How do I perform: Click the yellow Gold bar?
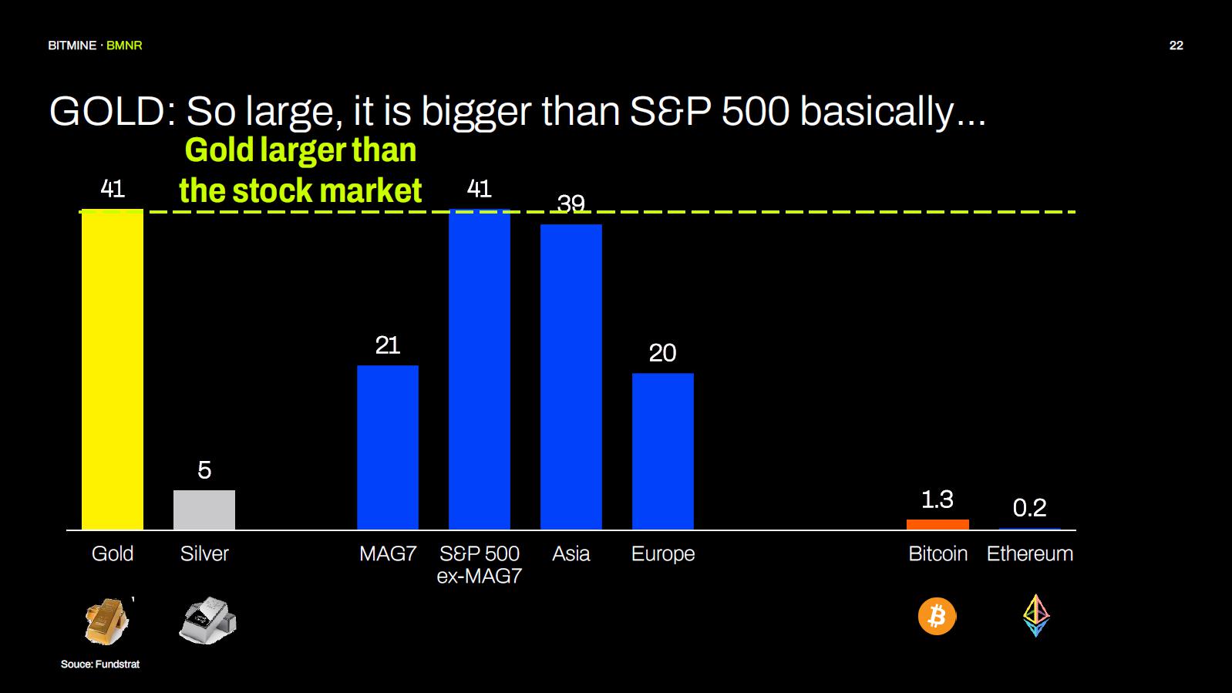(113, 369)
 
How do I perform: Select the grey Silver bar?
(204, 510)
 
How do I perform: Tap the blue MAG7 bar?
(388, 447)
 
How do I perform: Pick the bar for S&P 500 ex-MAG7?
(480, 369)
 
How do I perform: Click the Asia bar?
(571, 377)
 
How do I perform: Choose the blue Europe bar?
(663, 451)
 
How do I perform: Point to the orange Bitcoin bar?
(937, 525)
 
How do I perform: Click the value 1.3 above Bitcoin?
(937, 500)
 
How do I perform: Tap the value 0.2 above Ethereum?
(1029, 508)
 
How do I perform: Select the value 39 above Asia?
(571, 204)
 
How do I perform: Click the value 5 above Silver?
(204, 470)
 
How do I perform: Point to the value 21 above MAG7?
(388, 345)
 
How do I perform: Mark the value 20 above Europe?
(663, 353)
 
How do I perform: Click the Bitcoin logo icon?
(937, 617)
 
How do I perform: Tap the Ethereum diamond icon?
(1036, 615)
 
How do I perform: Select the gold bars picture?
(106, 621)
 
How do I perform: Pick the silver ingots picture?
(207, 620)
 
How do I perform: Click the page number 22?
(1176, 45)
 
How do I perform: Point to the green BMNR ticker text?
(124, 45)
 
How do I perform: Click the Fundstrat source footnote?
(100, 664)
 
